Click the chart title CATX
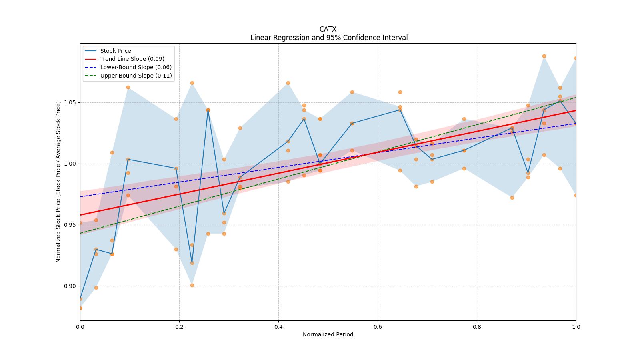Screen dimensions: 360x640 pyautogui.click(x=328, y=29)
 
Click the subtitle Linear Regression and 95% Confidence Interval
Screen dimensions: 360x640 pyautogui.click(x=329, y=38)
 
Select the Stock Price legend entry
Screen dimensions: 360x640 pyautogui.click(x=116, y=51)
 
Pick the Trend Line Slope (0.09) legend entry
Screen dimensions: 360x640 pyautogui.click(x=132, y=59)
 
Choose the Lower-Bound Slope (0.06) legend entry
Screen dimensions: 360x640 pyautogui.click(x=136, y=67)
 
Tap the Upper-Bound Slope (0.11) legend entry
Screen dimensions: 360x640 pyautogui.click(x=136, y=76)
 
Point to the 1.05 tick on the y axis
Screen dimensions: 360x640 pyautogui.click(x=71, y=102)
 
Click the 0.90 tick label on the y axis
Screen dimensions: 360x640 pyautogui.click(x=71, y=286)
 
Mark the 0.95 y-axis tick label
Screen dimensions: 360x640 pyautogui.click(x=71, y=225)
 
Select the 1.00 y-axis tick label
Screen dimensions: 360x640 pyautogui.click(x=71, y=164)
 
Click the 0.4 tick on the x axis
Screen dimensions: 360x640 pyautogui.click(x=278, y=327)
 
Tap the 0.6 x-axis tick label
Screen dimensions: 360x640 pyautogui.click(x=378, y=327)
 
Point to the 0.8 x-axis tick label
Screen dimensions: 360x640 pyautogui.click(x=477, y=327)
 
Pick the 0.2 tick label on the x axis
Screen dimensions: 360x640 pyautogui.click(x=179, y=327)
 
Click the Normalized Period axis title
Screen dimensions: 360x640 pyautogui.click(x=328, y=334)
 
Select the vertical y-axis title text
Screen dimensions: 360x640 pyautogui.click(x=58, y=182)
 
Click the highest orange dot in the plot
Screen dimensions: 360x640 pyautogui.click(x=544, y=56)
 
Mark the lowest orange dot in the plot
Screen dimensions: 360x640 pyautogui.click(x=80, y=308)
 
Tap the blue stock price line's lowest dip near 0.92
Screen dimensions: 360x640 pyautogui.click(x=192, y=263)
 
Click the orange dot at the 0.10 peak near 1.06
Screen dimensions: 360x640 pyautogui.click(x=128, y=87)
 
